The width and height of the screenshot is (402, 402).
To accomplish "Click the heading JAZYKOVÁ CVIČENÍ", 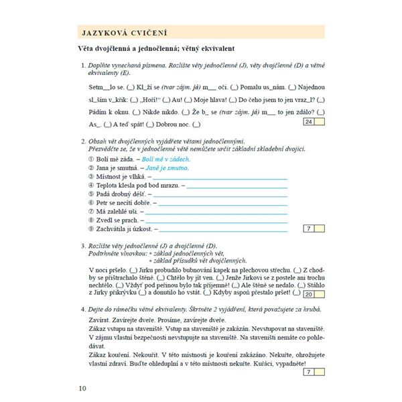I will click(x=124, y=31).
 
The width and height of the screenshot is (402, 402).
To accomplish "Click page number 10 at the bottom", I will click(x=82, y=387).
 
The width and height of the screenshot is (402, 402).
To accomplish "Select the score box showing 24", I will click(x=308, y=121).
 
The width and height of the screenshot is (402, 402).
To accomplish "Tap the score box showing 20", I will click(x=309, y=293).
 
